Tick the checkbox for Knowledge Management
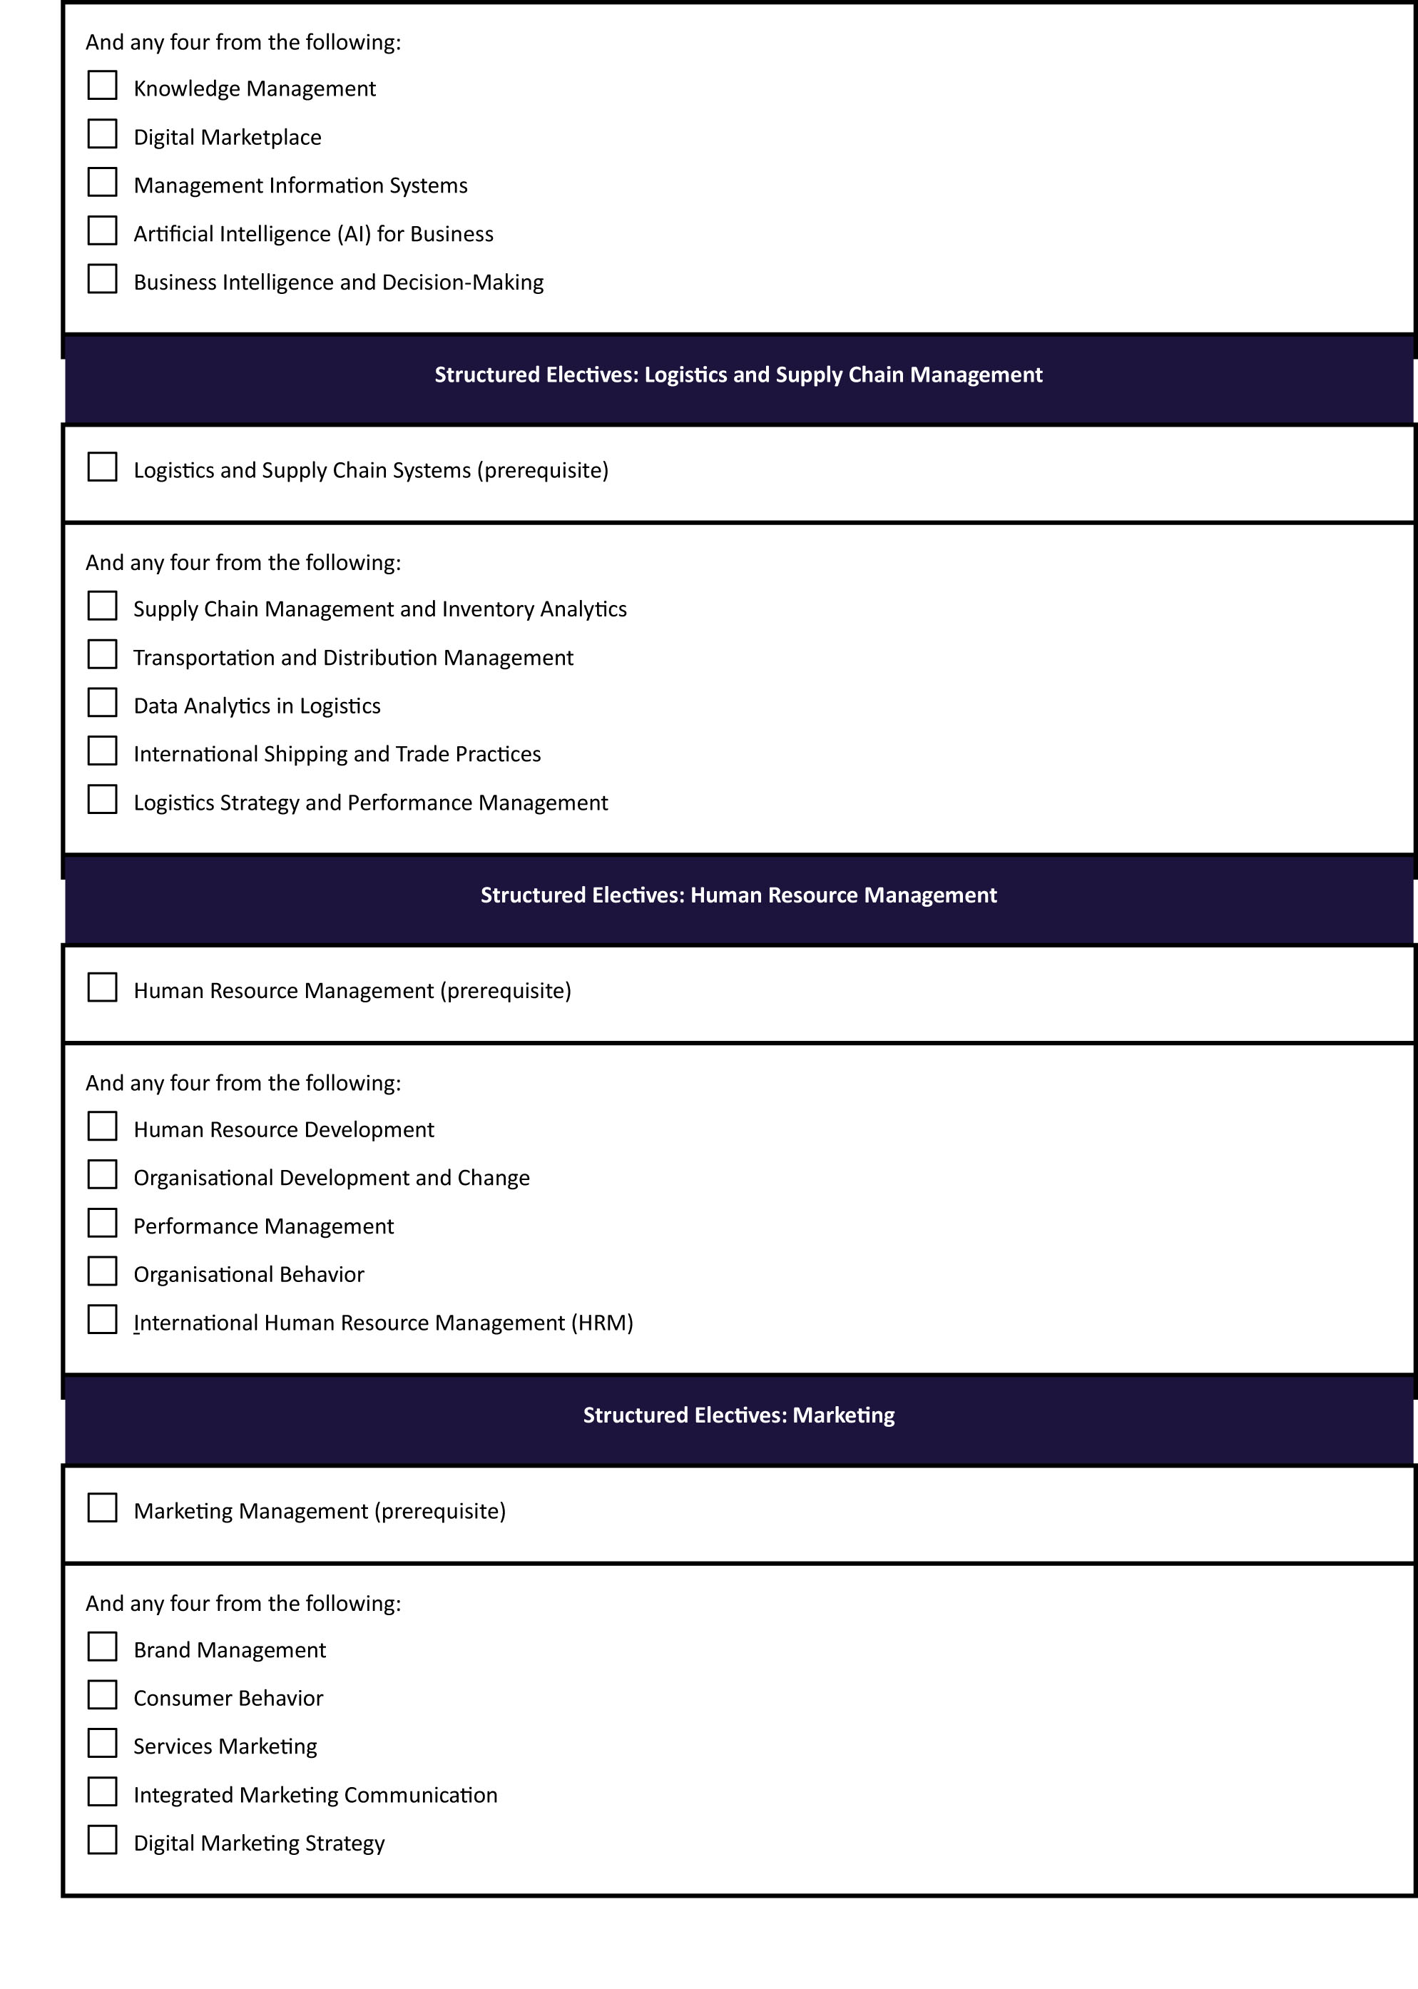coord(102,86)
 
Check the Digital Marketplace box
coord(102,134)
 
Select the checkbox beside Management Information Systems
coord(102,183)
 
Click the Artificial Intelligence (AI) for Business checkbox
coord(102,230)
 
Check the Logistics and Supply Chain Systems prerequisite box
coord(102,467)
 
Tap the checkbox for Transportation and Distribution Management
coord(102,654)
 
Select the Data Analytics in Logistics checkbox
coord(102,703)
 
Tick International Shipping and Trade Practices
coord(102,751)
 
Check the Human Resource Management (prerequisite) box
coord(102,987)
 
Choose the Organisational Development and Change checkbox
coord(102,1175)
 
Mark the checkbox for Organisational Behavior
coord(102,1271)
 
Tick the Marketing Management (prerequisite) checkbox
coord(102,1508)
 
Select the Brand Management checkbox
coord(102,1647)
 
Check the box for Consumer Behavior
coord(102,1695)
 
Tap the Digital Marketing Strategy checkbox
coord(102,1840)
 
